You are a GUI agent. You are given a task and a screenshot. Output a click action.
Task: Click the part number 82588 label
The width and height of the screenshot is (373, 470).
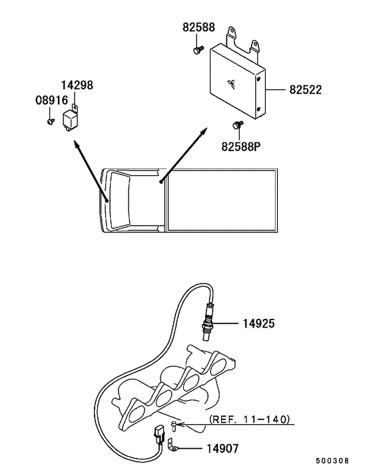coord(198,27)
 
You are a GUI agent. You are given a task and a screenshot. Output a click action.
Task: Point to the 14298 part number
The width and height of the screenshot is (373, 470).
coord(77,85)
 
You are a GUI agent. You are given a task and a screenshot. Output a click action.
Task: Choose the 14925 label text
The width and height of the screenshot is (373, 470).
coord(259,324)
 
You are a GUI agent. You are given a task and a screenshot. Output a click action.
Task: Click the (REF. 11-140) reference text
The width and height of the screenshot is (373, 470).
coord(250,419)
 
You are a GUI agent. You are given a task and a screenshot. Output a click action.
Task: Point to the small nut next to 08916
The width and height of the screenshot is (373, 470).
coord(50,122)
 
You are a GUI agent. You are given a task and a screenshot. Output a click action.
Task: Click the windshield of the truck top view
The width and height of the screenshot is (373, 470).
coord(110,200)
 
